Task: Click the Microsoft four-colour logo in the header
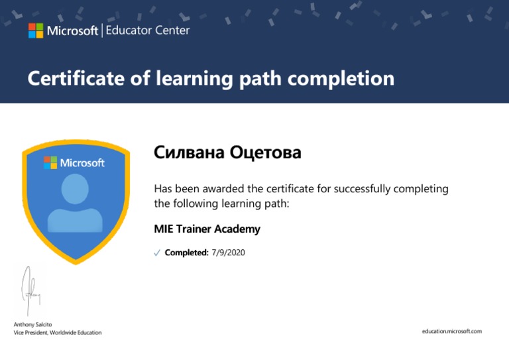(36, 30)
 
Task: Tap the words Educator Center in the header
(148, 30)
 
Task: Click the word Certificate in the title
(76, 78)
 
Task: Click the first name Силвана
(189, 152)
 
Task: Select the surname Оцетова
(266, 152)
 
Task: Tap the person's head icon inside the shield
(75, 189)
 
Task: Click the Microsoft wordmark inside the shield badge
(82, 162)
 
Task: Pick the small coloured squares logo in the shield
(50, 162)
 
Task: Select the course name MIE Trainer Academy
(207, 229)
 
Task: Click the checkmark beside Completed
(157, 253)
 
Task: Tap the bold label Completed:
(187, 253)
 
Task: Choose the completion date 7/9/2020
(228, 253)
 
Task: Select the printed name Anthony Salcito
(32, 324)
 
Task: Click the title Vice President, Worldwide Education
(58, 332)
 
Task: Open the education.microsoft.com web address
(452, 331)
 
